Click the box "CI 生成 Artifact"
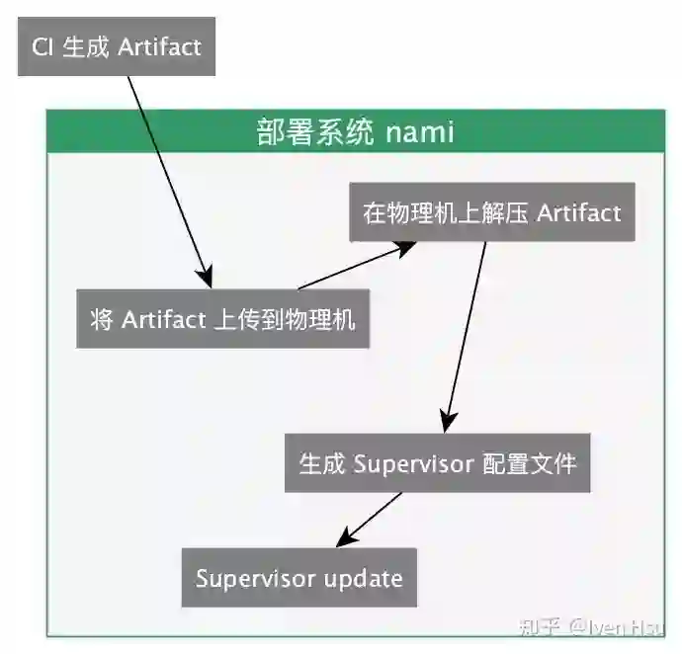pyautogui.click(x=117, y=46)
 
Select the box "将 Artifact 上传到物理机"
pyautogui.click(x=222, y=319)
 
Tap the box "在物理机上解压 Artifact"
pyautogui.click(x=492, y=212)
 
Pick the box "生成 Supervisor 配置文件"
pyautogui.click(x=437, y=462)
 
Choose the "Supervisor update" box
pyautogui.click(x=298, y=578)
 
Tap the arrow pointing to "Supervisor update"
pyautogui.click(x=371, y=518)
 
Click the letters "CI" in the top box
pyautogui.click(x=42, y=46)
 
